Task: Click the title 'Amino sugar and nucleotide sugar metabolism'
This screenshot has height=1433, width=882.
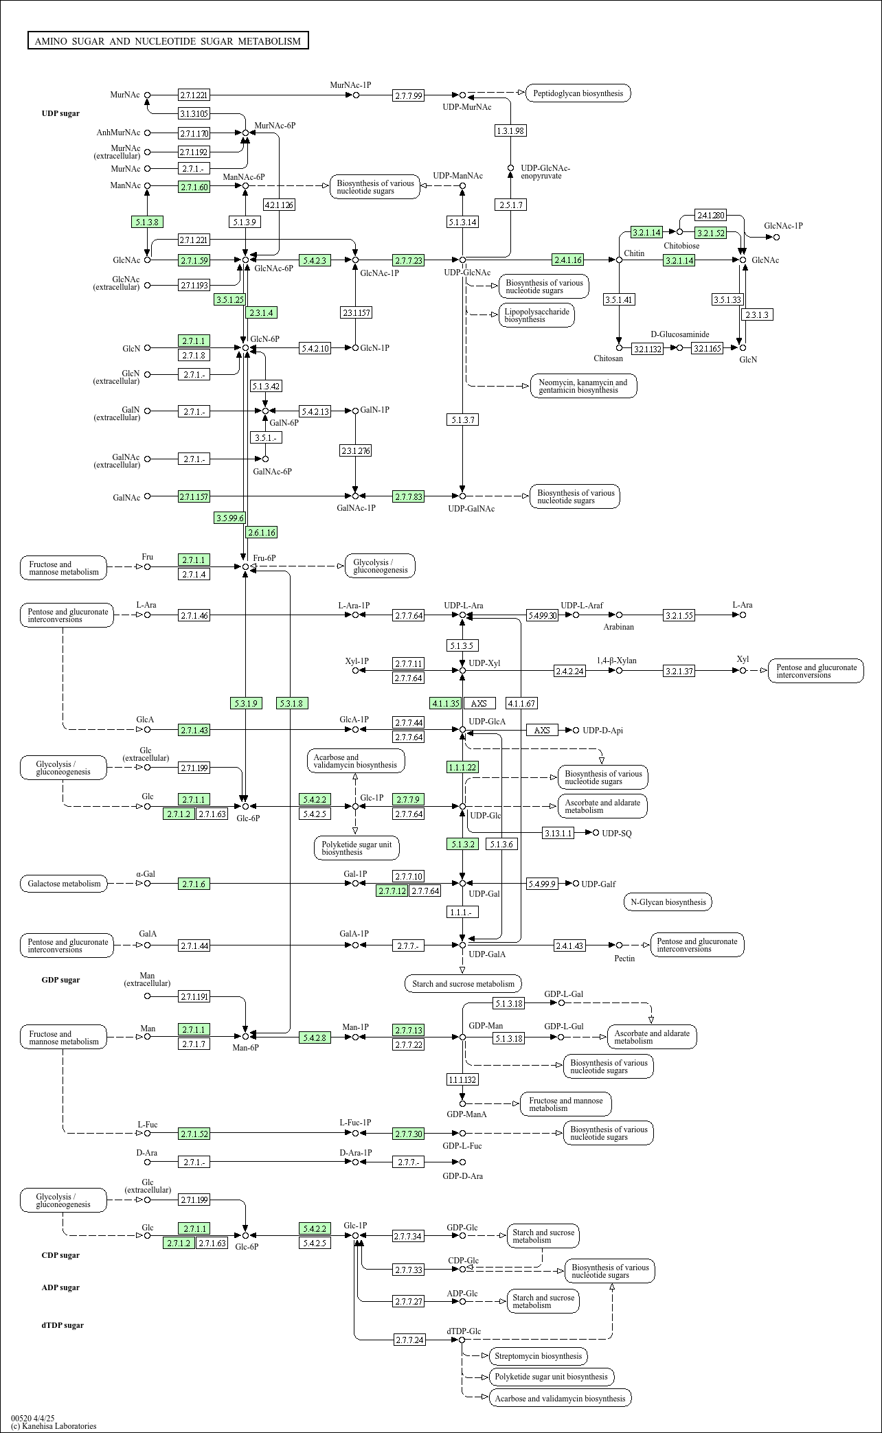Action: coord(168,41)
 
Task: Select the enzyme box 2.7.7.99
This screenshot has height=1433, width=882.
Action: coord(409,95)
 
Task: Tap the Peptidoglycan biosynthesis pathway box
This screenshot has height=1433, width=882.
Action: coord(578,93)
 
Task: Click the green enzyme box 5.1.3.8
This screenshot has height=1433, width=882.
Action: coord(147,222)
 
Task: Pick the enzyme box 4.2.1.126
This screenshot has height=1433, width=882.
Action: coord(279,205)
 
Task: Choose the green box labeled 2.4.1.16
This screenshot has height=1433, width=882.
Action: coord(568,260)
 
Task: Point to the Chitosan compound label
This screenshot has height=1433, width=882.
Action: coord(609,358)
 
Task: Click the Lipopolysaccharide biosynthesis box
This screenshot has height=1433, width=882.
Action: coord(536,315)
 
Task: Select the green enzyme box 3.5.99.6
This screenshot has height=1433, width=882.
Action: coord(229,518)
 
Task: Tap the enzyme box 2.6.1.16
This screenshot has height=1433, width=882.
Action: coord(262,532)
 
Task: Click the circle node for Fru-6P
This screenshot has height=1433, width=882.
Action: coord(245,566)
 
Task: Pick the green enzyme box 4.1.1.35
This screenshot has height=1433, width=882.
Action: coord(446,703)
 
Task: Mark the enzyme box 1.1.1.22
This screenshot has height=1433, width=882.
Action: coord(462,767)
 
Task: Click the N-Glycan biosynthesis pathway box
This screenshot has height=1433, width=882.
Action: coord(668,902)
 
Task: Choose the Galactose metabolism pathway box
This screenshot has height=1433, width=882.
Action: coord(64,884)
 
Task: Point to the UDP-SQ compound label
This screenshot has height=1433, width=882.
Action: coord(617,834)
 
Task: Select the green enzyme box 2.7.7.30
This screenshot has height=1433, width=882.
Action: coord(409,1134)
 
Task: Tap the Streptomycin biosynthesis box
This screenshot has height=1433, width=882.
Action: coord(538,1356)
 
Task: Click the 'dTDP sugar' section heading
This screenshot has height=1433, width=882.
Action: coord(63,1325)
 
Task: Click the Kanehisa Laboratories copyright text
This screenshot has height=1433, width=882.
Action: coord(54,1425)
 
